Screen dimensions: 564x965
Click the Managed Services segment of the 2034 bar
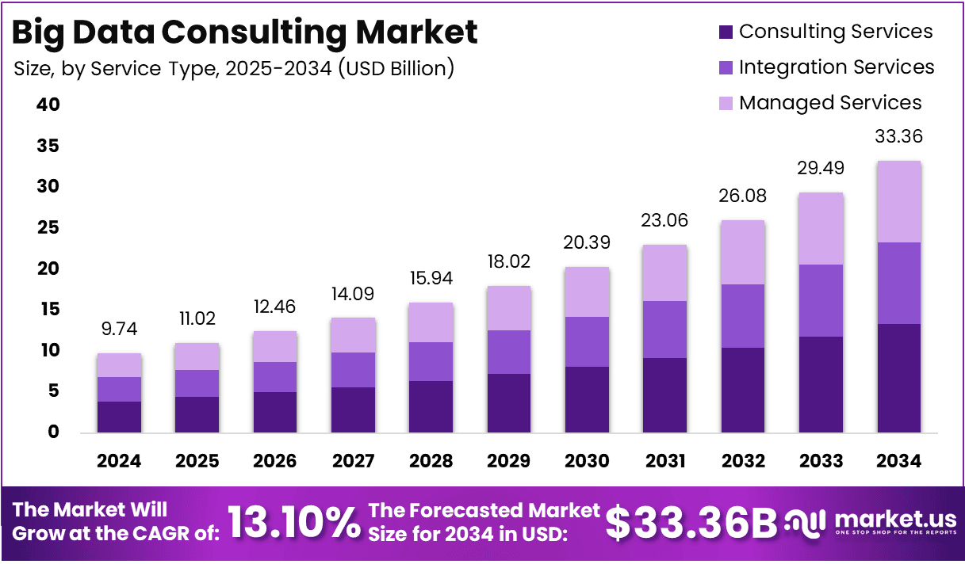898,202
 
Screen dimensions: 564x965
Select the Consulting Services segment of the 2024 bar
119,417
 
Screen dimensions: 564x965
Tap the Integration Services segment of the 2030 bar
586,341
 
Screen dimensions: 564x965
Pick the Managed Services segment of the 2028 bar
431,322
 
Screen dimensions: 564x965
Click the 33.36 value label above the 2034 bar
898,137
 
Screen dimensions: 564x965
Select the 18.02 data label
508,262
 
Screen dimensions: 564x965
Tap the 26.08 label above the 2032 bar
743,196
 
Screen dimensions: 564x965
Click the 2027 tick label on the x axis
353,461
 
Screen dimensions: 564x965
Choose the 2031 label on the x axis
664,461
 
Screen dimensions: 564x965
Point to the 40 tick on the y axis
48,105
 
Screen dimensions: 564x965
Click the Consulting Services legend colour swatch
726,32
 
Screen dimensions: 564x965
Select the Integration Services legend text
837,67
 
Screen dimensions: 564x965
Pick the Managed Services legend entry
830,103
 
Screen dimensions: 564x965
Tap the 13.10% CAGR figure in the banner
294,523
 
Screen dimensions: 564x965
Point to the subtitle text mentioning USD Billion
234,69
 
